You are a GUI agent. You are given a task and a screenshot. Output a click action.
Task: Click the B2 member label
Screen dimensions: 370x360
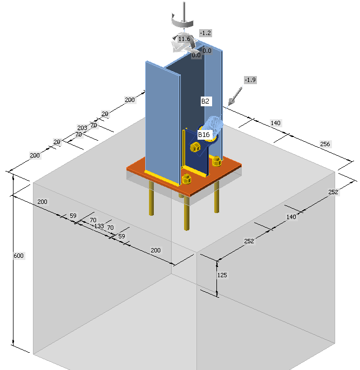[206, 101]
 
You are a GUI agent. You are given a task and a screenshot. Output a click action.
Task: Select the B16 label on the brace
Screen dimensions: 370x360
[204, 134]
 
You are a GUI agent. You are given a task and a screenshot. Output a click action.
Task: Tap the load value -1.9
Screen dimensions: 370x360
[250, 80]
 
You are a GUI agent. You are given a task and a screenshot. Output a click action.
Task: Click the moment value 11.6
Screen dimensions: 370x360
[184, 39]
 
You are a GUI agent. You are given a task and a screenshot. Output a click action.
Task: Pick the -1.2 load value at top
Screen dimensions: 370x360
[205, 33]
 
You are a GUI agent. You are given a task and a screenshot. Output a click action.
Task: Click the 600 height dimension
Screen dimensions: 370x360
[18, 255]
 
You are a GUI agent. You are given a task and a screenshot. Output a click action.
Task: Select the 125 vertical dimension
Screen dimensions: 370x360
[222, 275]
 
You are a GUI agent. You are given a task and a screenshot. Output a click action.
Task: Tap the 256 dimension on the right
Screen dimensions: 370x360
[325, 144]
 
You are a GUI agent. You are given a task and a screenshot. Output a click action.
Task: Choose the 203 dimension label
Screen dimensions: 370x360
[82, 128]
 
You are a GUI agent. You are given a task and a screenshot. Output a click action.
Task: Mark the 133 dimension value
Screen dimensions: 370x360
[99, 226]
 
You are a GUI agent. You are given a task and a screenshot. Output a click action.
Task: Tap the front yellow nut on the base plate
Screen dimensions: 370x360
[187, 179]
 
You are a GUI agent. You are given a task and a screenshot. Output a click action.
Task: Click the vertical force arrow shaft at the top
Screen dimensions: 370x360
[184, 11]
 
